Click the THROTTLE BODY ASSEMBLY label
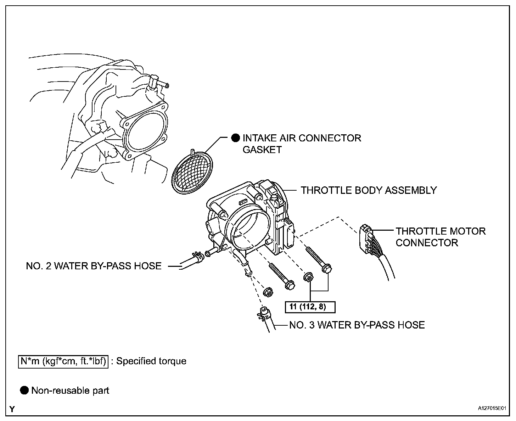click(369, 190)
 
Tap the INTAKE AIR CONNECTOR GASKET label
click(301, 144)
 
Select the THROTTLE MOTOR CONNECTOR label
click(441, 237)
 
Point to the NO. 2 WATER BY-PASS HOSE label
click(94, 266)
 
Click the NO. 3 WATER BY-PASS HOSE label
click(357, 325)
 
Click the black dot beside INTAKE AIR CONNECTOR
click(236, 138)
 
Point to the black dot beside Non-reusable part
click(24, 391)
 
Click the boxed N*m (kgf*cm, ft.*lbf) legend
click(63, 361)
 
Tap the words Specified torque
click(151, 361)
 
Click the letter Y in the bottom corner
click(12, 409)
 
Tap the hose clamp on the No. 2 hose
click(198, 257)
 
